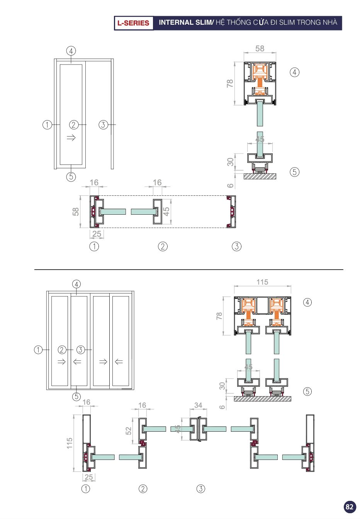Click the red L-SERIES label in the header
[133, 23]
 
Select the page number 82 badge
[350, 507]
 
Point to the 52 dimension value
[129, 431]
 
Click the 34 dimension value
[198, 405]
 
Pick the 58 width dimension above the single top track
[260, 49]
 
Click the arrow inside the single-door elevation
[71, 137]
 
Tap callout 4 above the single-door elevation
[71, 51]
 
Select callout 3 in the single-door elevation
[103, 125]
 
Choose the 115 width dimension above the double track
[262, 282]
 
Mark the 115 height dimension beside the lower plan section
[70, 443]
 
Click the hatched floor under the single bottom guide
[260, 176]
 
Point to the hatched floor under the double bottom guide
[262, 399]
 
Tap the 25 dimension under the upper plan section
[97, 234]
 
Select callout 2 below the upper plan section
[163, 246]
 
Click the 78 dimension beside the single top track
[230, 83]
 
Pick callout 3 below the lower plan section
[201, 489]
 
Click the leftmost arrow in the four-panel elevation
[61, 362]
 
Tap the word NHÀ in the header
[330, 22]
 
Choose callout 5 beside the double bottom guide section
[307, 392]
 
